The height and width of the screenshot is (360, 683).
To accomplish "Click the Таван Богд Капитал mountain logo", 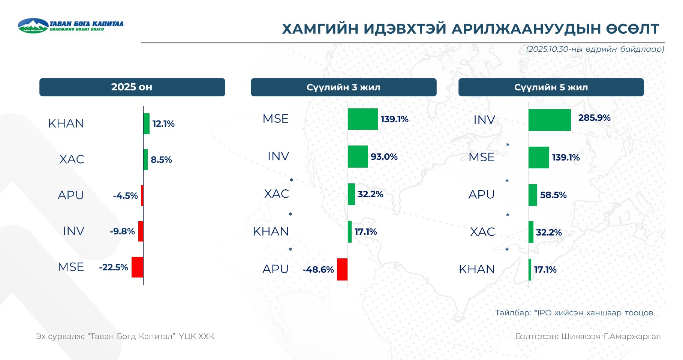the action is pyautogui.click(x=33, y=25).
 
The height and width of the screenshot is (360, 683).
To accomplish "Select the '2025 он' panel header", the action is pyautogui.click(x=132, y=87).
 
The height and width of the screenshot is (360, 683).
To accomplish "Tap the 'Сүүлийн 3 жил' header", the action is pyautogui.click(x=343, y=87).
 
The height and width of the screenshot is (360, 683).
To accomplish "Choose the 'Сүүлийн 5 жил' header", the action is pyautogui.click(x=551, y=87).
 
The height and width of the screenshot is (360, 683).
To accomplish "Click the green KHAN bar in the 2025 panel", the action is pyautogui.click(x=147, y=124).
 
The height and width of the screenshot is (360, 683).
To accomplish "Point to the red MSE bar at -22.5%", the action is pyautogui.click(x=137, y=267).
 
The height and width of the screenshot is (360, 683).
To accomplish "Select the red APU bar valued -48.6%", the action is pyautogui.click(x=342, y=269).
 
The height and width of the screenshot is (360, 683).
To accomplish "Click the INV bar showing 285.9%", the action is pyautogui.click(x=550, y=120).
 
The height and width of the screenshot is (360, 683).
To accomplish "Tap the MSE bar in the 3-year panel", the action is pyautogui.click(x=363, y=119).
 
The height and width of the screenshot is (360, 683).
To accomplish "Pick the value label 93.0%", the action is pyautogui.click(x=384, y=157).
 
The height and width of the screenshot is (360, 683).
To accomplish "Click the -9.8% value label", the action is pyautogui.click(x=122, y=231).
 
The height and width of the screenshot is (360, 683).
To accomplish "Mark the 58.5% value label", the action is pyautogui.click(x=553, y=195).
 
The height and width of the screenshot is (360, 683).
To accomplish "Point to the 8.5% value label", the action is pyautogui.click(x=161, y=160).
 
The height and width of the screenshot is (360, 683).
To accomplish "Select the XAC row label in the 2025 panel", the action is pyautogui.click(x=72, y=159).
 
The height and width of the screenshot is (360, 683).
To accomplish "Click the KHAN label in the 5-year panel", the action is pyautogui.click(x=477, y=269).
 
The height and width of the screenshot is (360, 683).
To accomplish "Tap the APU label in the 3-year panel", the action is pyautogui.click(x=276, y=269).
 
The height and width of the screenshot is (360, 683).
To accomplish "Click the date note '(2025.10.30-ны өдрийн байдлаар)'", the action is pyautogui.click(x=595, y=49).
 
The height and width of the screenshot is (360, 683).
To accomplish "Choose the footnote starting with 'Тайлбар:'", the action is pyautogui.click(x=575, y=313).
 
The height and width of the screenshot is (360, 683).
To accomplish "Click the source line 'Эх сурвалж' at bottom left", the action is pyautogui.click(x=125, y=336).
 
